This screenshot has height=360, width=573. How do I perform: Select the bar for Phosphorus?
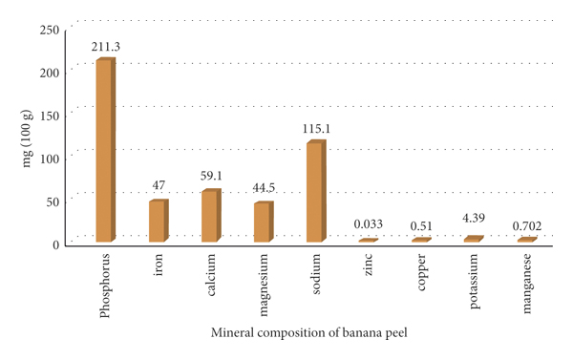pyautogui.click(x=105, y=150)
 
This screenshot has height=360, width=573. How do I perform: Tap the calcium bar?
pyautogui.click(x=210, y=216)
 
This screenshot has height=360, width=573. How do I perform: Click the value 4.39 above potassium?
pyautogui.click(x=475, y=220)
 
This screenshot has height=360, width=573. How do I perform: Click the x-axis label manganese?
pyautogui.click(x=525, y=283)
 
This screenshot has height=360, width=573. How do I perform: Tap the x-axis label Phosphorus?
pyautogui.click(x=103, y=285)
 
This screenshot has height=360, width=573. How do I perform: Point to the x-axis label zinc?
pyautogui.click(x=368, y=267)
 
